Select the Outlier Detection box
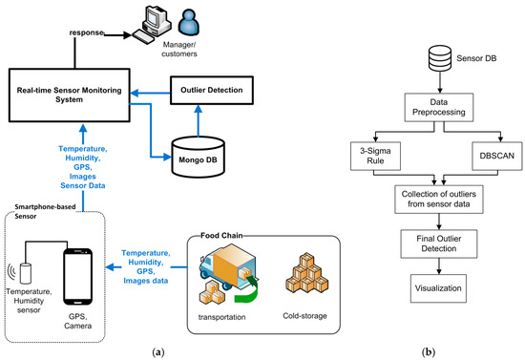(220, 92)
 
